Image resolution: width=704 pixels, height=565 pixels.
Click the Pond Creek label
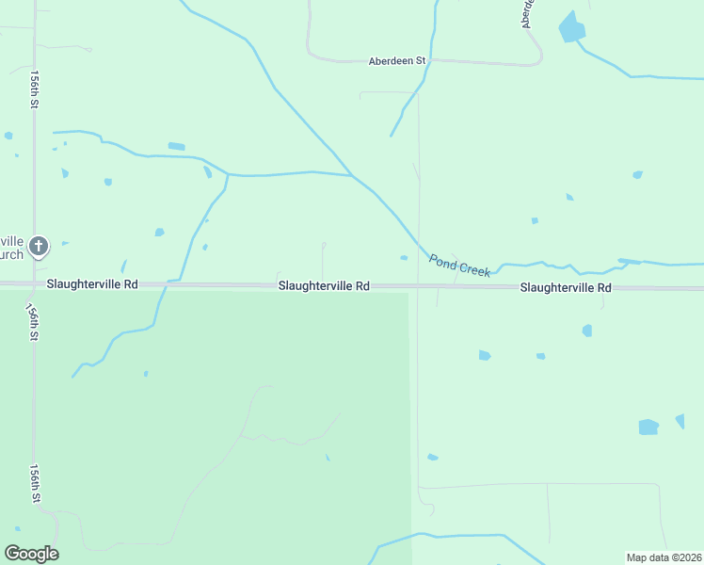point(459,266)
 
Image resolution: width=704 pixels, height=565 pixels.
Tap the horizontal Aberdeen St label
point(396,60)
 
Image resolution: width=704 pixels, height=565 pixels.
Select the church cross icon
point(39,247)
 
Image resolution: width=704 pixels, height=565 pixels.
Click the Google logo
point(31,553)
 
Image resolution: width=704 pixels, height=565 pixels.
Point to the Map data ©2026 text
point(664,557)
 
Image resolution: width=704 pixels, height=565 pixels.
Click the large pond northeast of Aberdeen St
point(571,27)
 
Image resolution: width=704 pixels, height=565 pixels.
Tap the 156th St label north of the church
point(33,89)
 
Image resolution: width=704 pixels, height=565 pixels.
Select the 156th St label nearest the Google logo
point(35,482)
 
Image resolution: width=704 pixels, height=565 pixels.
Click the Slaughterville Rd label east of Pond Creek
point(566,287)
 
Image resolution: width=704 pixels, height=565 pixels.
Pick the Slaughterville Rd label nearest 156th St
point(91,283)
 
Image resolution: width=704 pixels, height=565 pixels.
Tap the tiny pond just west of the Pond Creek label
point(404,257)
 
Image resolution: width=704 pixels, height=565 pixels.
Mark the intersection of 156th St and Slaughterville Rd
point(35,283)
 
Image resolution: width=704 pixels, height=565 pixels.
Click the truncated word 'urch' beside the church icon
point(11,254)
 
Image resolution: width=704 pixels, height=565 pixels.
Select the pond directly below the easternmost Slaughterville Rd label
point(586,331)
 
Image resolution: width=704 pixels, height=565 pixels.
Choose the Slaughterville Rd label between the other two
point(323,285)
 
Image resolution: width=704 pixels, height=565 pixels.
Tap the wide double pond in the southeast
point(648,427)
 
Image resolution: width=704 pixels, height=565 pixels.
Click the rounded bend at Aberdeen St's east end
point(537,58)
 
